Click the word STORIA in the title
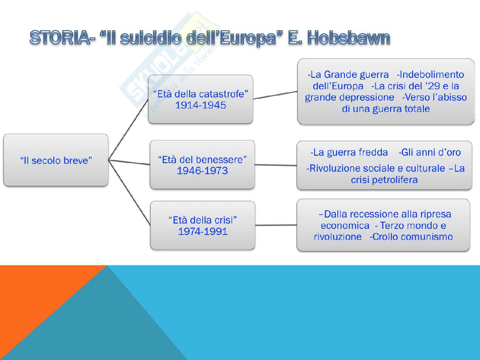click(x=60, y=38)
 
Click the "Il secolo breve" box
click(x=56, y=160)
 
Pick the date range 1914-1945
click(x=201, y=105)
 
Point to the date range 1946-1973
click(x=202, y=171)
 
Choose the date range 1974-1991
click(x=203, y=231)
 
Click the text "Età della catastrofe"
click(x=201, y=94)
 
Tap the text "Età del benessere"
click(x=202, y=160)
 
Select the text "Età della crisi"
click(x=203, y=220)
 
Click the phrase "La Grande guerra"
click(x=350, y=75)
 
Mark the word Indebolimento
click(x=432, y=75)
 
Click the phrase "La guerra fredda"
click(x=351, y=152)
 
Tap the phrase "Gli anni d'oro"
click(x=431, y=152)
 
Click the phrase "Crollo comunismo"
click(x=412, y=237)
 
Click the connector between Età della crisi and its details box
click(x=276, y=225)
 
